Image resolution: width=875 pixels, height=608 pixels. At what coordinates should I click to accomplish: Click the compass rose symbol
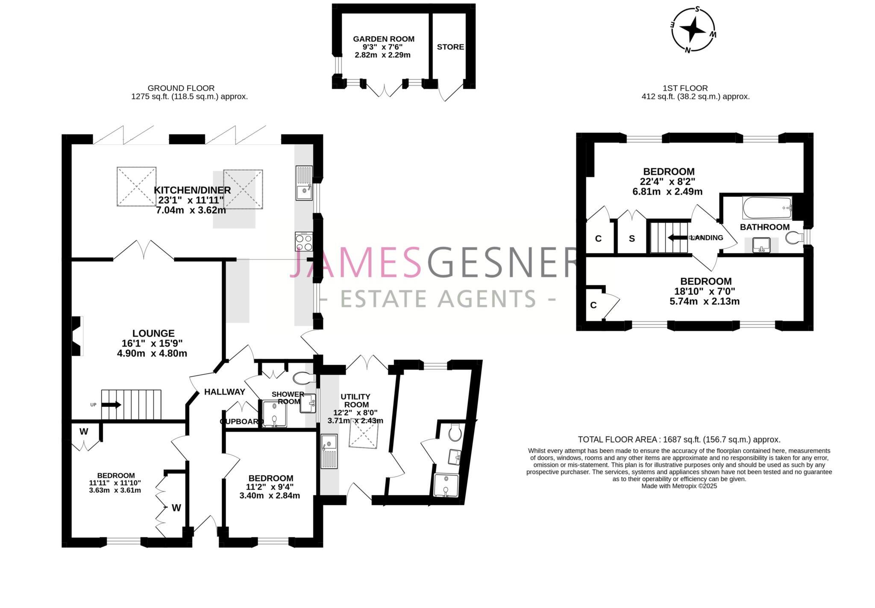[693, 29]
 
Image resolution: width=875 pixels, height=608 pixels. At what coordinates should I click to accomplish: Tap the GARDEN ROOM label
[383, 39]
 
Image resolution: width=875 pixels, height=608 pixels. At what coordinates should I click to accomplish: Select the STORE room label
[450, 47]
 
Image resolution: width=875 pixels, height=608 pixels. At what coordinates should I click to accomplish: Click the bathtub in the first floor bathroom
[767, 208]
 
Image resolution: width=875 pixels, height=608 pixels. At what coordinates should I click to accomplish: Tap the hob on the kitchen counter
[303, 241]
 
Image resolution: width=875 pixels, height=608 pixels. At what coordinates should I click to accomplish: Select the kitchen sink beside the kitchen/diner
[304, 183]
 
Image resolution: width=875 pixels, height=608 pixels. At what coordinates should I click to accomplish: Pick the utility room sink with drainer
[329, 452]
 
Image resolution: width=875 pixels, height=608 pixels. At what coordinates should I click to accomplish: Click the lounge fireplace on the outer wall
[77, 336]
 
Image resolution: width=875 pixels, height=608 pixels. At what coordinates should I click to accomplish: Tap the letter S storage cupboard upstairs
[631, 239]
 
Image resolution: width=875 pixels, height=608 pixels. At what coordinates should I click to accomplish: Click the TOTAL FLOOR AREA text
[679, 439]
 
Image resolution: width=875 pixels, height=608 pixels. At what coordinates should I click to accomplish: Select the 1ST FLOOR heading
[685, 88]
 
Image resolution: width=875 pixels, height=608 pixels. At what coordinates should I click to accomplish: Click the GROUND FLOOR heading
[181, 88]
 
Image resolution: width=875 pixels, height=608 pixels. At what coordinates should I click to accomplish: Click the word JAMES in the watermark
[355, 262]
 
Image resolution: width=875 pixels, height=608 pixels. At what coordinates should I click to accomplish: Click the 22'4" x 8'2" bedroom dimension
[668, 181]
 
